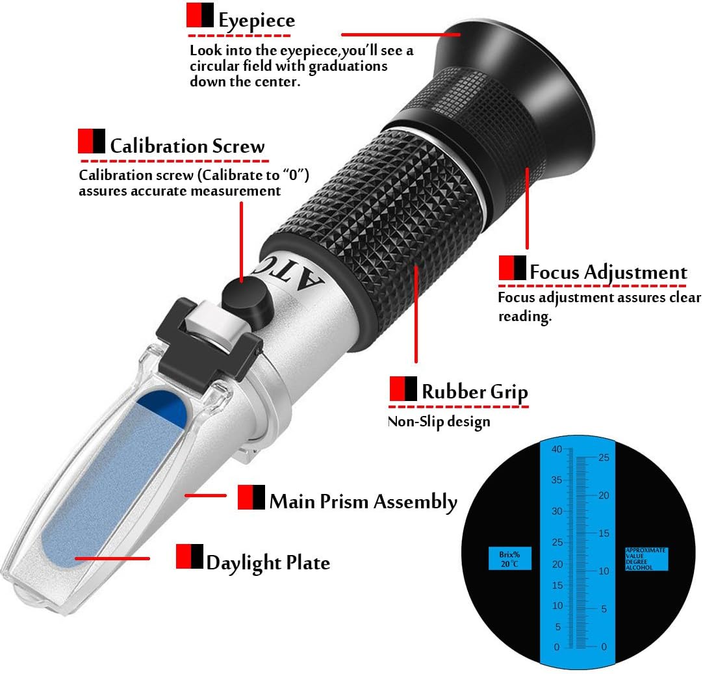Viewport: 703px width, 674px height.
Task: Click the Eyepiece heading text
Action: click(x=257, y=20)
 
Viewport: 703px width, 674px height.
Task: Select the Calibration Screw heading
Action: click(x=187, y=146)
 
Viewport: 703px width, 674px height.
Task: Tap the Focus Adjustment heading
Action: click(x=608, y=272)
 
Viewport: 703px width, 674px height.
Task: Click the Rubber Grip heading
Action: click(x=474, y=391)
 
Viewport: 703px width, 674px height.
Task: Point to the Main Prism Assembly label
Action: click(x=363, y=501)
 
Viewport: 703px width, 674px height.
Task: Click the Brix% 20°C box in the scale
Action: click(x=509, y=558)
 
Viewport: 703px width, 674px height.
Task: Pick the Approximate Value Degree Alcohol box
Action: click(x=646, y=559)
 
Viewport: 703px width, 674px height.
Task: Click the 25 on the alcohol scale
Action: click(x=604, y=458)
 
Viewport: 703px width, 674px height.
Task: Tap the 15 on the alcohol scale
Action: click(x=604, y=533)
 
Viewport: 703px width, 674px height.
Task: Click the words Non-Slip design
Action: click(x=439, y=422)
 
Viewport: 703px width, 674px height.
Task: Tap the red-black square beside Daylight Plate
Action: click(x=189, y=556)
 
